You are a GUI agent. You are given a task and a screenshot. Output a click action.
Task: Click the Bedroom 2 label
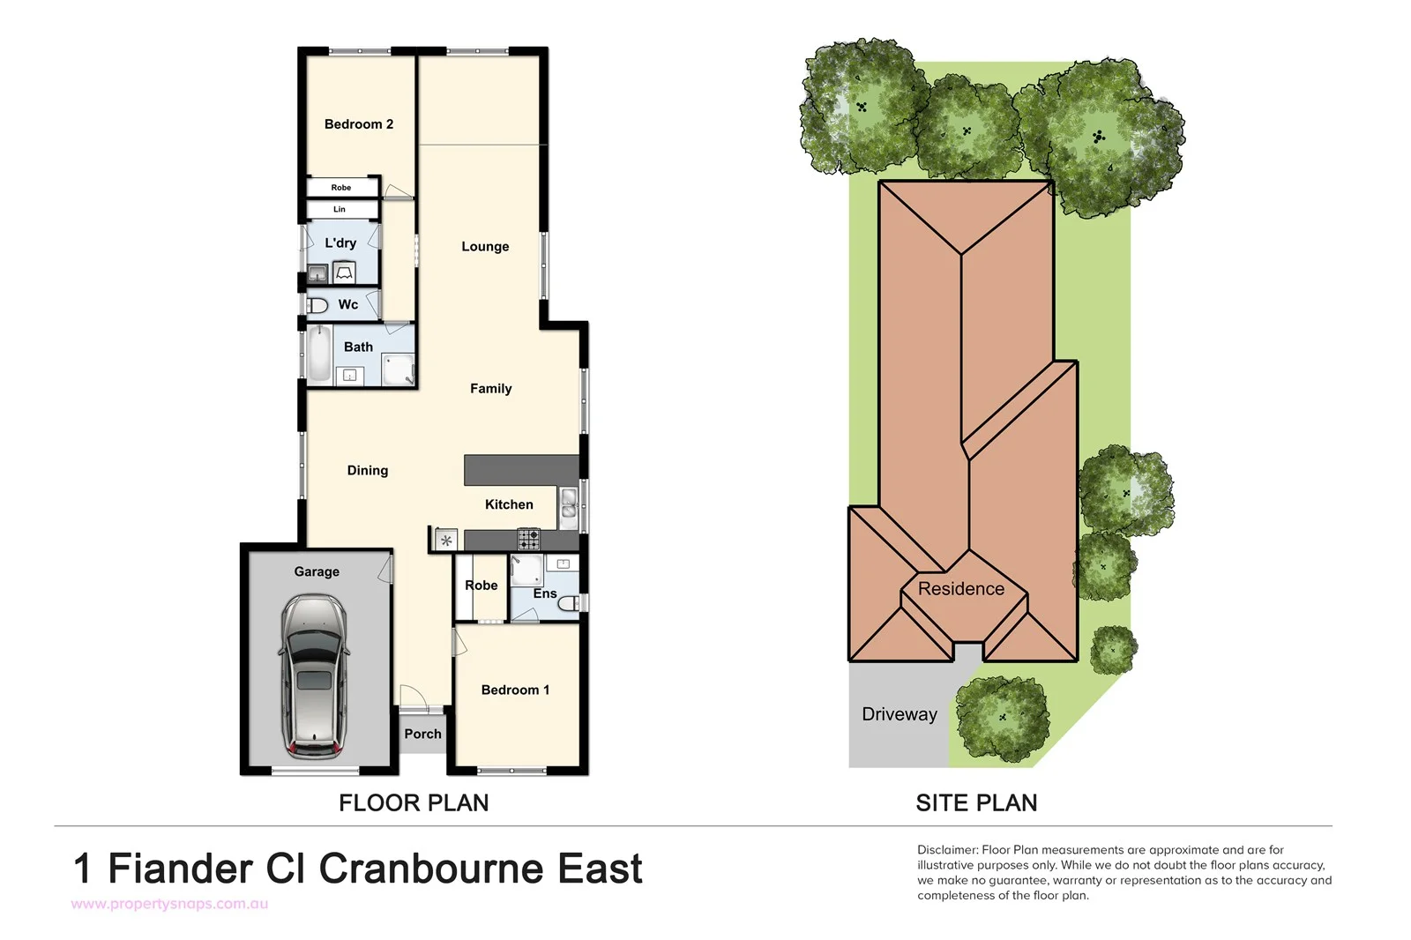[x=358, y=124]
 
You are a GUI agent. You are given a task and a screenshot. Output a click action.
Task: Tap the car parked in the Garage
[x=313, y=676]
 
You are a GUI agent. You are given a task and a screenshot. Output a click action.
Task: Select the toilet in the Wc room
[x=317, y=305]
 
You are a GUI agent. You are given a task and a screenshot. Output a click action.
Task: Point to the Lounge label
[x=485, y=247]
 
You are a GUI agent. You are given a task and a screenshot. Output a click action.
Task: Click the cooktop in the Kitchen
[x=528, y=539]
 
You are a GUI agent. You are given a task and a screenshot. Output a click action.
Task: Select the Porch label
[x=422, y=734]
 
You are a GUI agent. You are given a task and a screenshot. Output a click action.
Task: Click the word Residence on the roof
[x=960, y=589]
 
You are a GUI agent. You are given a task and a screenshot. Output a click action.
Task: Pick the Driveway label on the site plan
[x=899, y=714]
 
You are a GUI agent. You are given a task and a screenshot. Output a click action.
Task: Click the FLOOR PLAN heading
[x=414, y=802]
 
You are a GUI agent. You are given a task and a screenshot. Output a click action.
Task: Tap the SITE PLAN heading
[x=976, y=802]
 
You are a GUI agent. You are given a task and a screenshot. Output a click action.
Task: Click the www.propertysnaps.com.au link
[x=169, y=904]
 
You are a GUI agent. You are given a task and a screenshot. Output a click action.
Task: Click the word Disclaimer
[x=946, y=850]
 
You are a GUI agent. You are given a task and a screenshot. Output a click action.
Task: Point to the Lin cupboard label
[x=340, y=210]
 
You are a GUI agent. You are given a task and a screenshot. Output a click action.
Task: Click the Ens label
[x=544, y=593]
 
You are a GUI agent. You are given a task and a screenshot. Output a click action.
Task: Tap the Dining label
[x=367, y=471]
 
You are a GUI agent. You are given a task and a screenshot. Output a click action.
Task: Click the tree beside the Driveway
[x=1002, y=718]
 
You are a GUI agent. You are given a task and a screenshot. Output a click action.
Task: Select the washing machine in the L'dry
[x=344, y=273]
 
